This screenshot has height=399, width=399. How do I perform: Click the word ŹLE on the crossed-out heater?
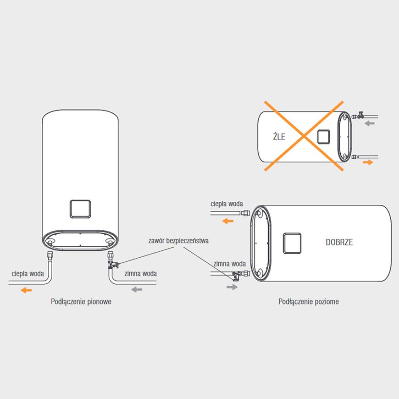[x=279, y=136]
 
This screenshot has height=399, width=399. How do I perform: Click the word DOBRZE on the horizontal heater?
[x=339, y=243]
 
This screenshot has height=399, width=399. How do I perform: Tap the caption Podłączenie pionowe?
[x=81, y=302]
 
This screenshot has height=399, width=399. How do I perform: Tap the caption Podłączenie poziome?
[x=309, y=302]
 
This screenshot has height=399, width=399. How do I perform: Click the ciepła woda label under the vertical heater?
[x=28, y=274]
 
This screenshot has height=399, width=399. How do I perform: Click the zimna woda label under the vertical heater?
[x=140, y=274]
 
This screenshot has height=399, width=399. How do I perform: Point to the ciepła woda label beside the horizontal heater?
[x=227, y=204]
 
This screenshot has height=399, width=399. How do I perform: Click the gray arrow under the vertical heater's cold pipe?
[x=137, y=289]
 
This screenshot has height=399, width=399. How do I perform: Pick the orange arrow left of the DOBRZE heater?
[x=227, y=221]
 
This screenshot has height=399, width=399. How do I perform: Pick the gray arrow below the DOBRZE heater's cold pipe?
[x=233, y=287]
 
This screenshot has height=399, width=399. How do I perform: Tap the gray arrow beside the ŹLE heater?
[x=370, y=123]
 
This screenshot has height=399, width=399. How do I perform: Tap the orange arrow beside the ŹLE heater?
[x=368, y=162]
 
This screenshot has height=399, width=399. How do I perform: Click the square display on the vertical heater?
[x=80, y=209]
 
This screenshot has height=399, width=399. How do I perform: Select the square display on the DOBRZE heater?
[x=292, y=243]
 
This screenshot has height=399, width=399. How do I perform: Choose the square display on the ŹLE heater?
[x=324, y=136]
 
